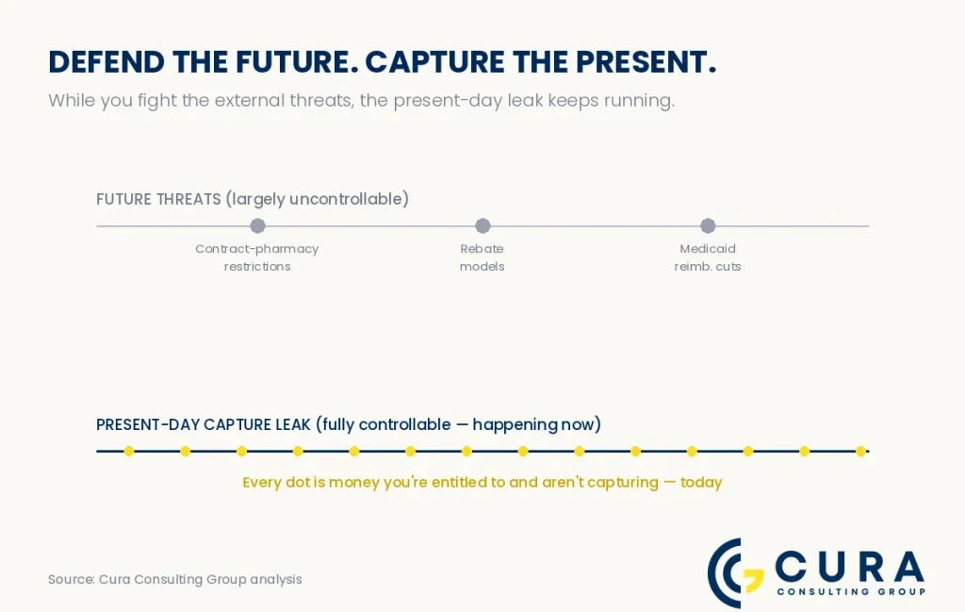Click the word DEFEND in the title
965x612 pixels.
click(106, 62)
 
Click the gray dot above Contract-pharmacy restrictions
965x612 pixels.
click(258, 226)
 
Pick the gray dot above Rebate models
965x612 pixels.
click(483, 226)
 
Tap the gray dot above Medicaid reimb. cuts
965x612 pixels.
click(708, 226)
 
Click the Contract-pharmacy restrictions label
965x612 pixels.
click(257, 257)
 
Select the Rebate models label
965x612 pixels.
click(482, 257)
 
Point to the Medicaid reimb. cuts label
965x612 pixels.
click(708, 257)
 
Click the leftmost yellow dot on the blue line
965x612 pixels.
click(128, 452)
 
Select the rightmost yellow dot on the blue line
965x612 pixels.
click(861, 452)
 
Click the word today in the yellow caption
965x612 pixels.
click(701, 482)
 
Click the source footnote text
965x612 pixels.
click(175, 579)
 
